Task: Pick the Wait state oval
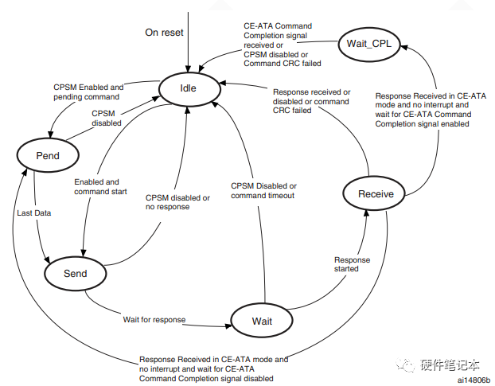click(262, 321)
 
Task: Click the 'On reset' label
click(165, 33)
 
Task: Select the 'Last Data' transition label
click(33, 213)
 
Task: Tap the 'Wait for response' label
click(154, 319)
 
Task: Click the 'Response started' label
click(352, 264)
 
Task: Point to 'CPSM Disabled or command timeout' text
click(263, 191)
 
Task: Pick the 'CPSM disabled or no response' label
click(177, 202)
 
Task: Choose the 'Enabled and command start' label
click(101, 187)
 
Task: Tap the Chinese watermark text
click(450, 365)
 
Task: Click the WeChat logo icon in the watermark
click(407, 365)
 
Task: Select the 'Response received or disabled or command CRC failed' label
click(311, 101)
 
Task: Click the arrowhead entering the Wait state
click(229, 323)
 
